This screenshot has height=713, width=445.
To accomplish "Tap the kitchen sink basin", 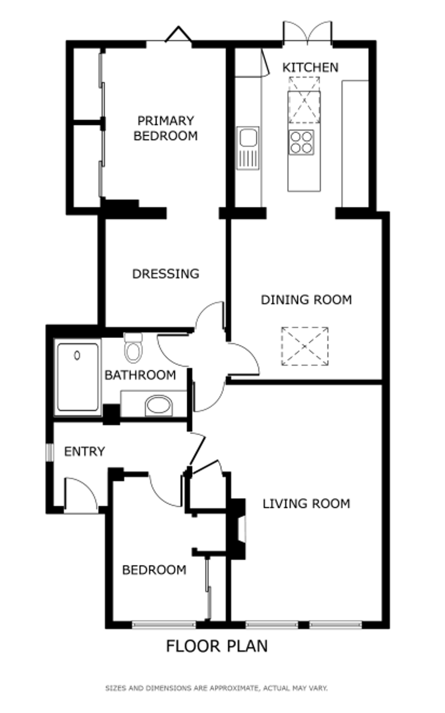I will click(248, 138).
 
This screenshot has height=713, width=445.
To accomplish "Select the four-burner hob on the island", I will click(301, 142).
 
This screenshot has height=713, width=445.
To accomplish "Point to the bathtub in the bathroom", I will click(78, 377).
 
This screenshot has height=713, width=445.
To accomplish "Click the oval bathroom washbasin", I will click(159, 405).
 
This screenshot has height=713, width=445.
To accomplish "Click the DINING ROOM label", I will click(306, 300).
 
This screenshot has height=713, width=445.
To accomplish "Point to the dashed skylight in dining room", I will click(305, 346).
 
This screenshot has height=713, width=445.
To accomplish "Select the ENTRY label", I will click(85, 452).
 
